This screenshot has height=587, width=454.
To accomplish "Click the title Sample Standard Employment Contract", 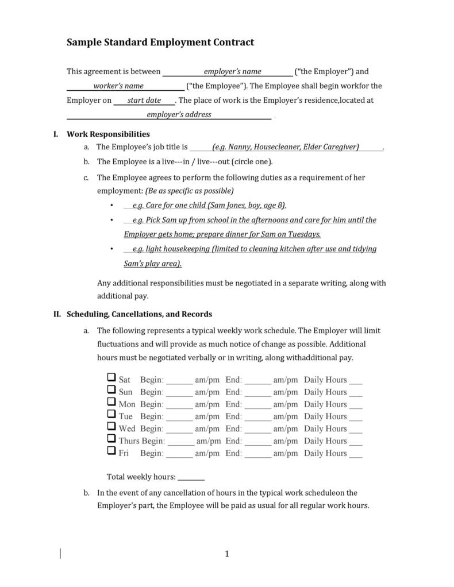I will [160, 43].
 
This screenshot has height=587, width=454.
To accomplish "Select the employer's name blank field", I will [228, 72].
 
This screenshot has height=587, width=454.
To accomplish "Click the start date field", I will [144, 101].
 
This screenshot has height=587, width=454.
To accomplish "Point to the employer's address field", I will [170, 115].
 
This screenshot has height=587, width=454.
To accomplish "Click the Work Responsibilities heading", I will [108, 134].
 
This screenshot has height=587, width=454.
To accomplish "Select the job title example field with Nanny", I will [286, 147].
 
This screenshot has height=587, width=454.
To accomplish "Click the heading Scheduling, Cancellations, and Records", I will [140, 314].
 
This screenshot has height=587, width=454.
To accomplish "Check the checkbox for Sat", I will [111, 378].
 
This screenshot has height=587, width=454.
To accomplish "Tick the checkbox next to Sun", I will [111, 390].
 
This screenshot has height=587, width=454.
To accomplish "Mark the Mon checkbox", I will [111, 402].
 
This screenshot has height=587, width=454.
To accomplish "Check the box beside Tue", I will [111, 414].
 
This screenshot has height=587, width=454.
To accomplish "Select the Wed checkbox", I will [111, 426].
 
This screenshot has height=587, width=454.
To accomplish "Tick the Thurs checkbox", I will [111, 438].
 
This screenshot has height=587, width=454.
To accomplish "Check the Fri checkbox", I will [111, 450].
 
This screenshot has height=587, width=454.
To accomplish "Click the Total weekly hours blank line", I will [191, 478].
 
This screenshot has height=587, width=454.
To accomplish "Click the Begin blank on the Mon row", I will [180, 405].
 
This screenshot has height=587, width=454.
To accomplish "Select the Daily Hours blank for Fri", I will [356, 454].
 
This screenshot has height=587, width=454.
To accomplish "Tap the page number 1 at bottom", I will [227, 554].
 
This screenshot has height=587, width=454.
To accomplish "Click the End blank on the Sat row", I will [257, 381].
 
